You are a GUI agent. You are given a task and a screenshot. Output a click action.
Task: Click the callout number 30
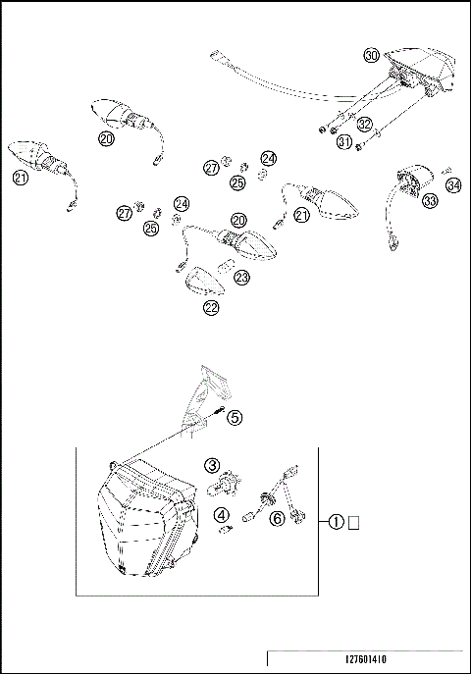coord(371,55)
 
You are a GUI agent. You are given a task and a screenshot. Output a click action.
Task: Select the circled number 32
coord(365,125)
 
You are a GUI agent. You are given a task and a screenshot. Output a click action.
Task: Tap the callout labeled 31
coord(343,142)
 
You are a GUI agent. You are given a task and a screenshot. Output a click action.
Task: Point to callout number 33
coord(403,202)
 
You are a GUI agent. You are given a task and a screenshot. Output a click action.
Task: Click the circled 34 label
coord(452,184)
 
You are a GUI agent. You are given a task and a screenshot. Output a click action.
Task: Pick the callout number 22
coord(212,307)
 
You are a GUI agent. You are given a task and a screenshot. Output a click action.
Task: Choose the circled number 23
coord(242,278)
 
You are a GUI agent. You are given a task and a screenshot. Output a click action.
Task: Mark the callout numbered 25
coord(238,182)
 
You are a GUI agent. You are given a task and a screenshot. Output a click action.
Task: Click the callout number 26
coord(151,229)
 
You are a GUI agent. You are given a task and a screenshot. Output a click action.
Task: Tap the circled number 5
coord(235,417)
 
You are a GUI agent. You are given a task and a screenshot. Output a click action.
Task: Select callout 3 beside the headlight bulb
coord(211,464)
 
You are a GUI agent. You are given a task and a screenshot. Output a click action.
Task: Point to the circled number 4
coord(223,513)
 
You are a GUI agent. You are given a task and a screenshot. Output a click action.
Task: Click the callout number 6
coord(279,517)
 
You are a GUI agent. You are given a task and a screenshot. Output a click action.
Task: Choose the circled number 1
coord(337,522)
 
